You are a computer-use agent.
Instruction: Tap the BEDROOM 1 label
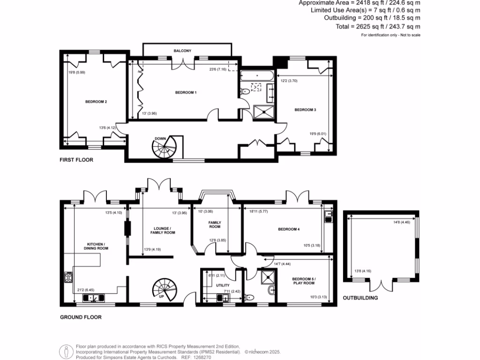186,92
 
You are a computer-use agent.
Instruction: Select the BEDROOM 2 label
96,101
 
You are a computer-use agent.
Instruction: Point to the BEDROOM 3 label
305,110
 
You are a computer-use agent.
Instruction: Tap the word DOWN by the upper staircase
160,139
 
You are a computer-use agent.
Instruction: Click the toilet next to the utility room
251,297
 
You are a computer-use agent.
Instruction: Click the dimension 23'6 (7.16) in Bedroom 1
218,69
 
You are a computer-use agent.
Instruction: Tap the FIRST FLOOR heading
76,160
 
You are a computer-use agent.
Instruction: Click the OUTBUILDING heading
360,298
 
